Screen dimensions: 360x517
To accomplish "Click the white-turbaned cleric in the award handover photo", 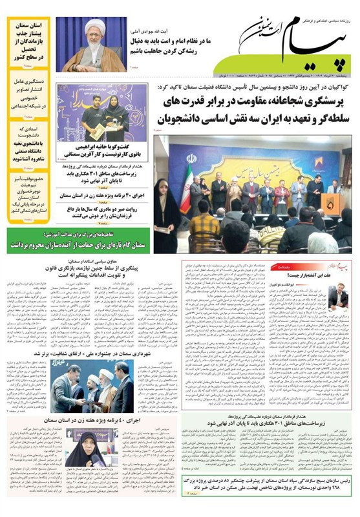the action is (95, 385).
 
